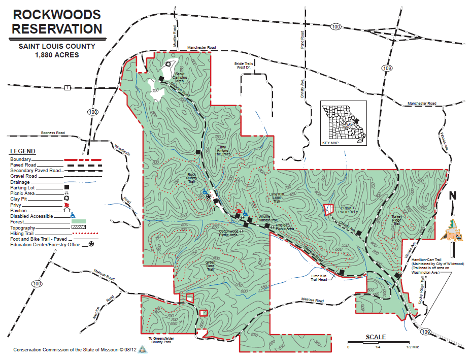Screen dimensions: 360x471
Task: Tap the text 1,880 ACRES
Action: point(57,54)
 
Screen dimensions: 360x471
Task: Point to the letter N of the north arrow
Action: point(453,196)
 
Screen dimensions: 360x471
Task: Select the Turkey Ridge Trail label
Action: point(397,219)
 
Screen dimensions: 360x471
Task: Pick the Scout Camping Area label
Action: point(180,76)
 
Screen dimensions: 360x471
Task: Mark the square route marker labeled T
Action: point(67,87)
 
